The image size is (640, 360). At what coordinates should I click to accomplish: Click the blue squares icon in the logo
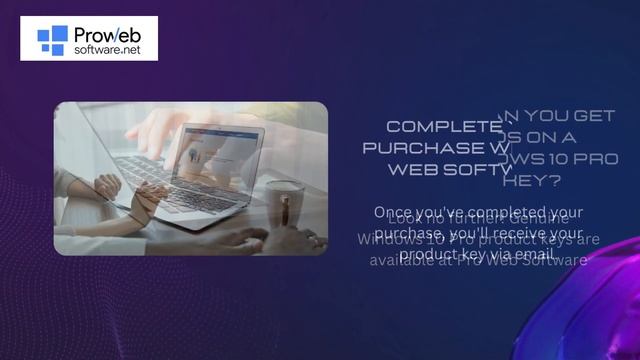click(52, 38)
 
